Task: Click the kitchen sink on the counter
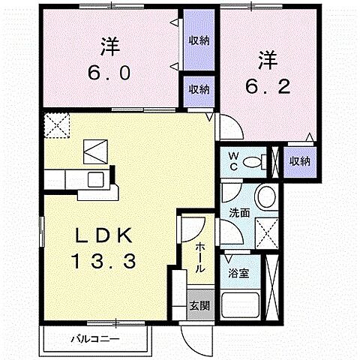coord(96,180)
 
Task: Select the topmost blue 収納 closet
coord(199,40)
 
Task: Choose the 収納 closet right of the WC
coord(300,161)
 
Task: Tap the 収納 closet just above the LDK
coord(199,89)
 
